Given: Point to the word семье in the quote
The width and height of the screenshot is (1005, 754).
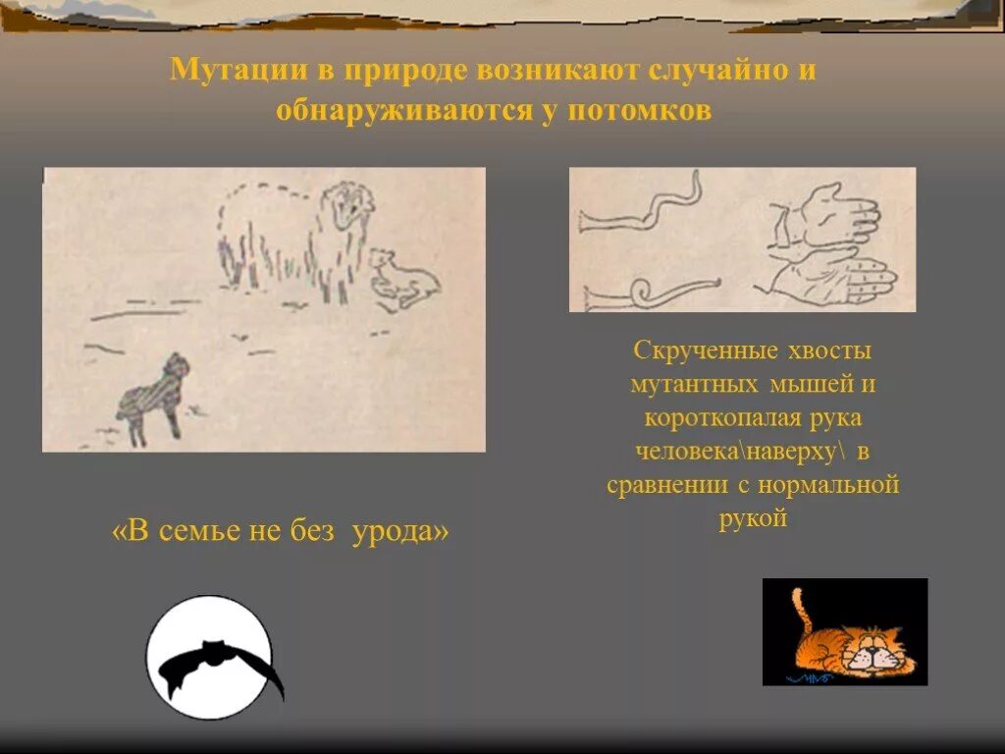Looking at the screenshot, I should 200,531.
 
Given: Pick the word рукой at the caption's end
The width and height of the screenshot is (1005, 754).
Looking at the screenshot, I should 753,518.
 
